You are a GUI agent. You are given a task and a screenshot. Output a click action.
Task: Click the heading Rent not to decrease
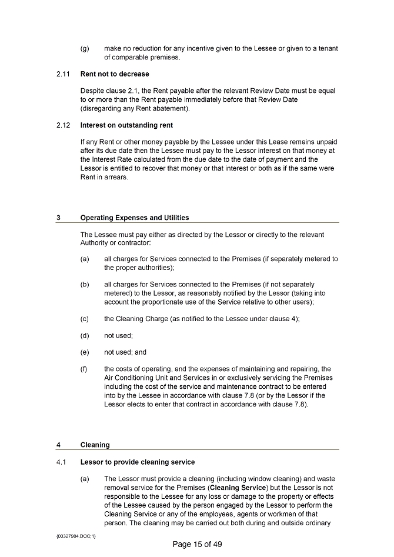click(x=115, y=74)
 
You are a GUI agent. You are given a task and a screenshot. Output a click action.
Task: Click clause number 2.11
click(x=63, y=74)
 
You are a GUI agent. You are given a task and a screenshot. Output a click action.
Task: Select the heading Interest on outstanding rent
click(x=126, y=125)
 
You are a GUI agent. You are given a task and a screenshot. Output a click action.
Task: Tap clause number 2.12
click(x=63, y=125)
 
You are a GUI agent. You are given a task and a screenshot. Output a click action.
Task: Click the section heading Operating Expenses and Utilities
click(x=135, y=218)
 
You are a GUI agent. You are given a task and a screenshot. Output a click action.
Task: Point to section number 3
click(x=58, y=218)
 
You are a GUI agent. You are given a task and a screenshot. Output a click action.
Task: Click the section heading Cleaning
click(x=95, y=445)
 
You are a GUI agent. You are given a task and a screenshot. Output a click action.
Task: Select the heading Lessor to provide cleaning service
click(x=137, y=462)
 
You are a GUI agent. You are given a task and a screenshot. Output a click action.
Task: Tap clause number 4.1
click(x=61, y=462)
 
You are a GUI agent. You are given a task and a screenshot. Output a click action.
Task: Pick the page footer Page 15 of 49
click(x=197, y=544)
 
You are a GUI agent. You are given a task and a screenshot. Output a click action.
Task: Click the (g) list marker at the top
click(x=85, y=49)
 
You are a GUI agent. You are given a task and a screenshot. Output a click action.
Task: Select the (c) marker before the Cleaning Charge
click(x=85, y=319)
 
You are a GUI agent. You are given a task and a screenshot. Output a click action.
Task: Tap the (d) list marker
click(x=85, y=336)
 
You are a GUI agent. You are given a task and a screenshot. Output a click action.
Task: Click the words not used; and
click(x=125, y=352)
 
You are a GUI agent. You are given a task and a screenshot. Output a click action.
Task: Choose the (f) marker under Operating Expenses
click(x=85, y=369)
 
